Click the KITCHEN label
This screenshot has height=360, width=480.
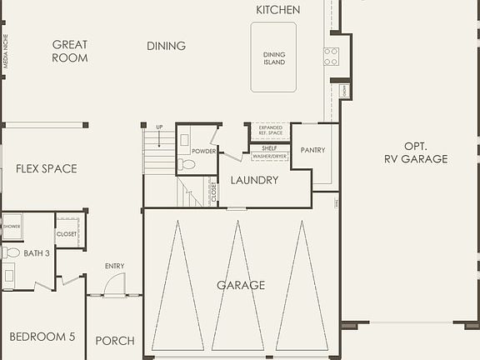tap(277, 10)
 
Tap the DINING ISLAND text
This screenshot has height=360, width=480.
tap(274, 57)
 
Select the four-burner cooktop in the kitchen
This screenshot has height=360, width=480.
tap(331, 56)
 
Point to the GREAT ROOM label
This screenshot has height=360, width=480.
tap(70, 52)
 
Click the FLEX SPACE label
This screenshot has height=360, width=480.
tap(46, 168)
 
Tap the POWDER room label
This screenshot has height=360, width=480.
tap(203, 151)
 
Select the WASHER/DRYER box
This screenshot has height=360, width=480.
tap(270, 156)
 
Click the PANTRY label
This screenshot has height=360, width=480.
tap(313, 151)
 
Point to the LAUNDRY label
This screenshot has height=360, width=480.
tap(254, 180)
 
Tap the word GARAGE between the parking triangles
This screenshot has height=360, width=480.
tap(241, 285)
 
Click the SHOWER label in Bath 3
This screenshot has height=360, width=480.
tap(12, 226)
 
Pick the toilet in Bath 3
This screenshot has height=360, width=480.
tap(10, 252)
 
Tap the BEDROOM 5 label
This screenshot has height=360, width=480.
tap(42, 337)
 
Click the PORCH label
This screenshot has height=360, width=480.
tap(115, 341)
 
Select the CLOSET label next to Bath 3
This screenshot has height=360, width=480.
tap(67, 234)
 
